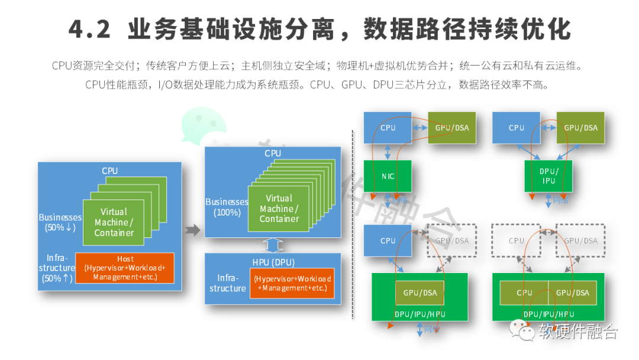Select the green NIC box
(x=388, y=176)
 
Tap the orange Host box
(x=125, y=268)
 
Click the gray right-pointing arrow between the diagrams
(x=192, y=230)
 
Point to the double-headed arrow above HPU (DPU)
(x=273, y=245)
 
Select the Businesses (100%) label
(x=227, y=207)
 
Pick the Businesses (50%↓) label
(x=60, y=221)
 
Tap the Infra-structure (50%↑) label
(x=57, y=268)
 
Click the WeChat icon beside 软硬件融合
(x=522, y=332)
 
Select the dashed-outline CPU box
(x=517, y=240)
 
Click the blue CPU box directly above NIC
(x=388, y=127)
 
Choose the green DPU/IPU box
(x=548, y=175)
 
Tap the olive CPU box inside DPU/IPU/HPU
(x=524, y=292)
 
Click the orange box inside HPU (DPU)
(x=292, y=283)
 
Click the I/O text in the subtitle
(x=165, y=85)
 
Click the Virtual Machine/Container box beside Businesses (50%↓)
(x=114, y=222)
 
